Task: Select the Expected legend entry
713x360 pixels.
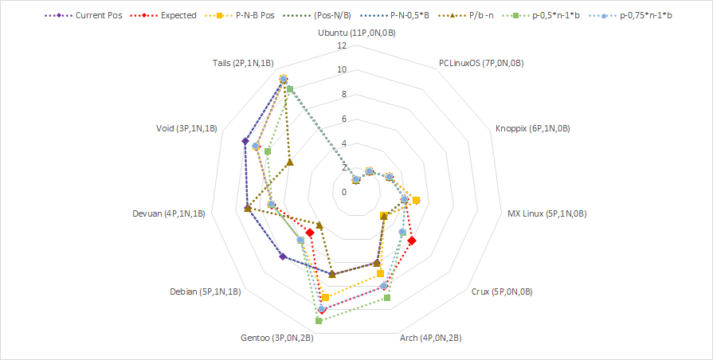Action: [171, 15]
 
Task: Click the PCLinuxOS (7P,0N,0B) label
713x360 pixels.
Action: [481, 63]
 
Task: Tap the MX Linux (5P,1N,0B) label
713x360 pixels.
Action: [547, 213]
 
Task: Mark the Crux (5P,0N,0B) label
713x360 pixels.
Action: [502, 291]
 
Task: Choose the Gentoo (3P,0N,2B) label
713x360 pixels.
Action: [276, 338]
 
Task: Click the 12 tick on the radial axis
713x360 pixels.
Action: [342, 45]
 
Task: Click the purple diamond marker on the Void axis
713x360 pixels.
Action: [245, 142]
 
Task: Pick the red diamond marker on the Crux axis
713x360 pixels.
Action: [411, 240]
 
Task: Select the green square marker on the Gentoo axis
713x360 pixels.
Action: [319, 321]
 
